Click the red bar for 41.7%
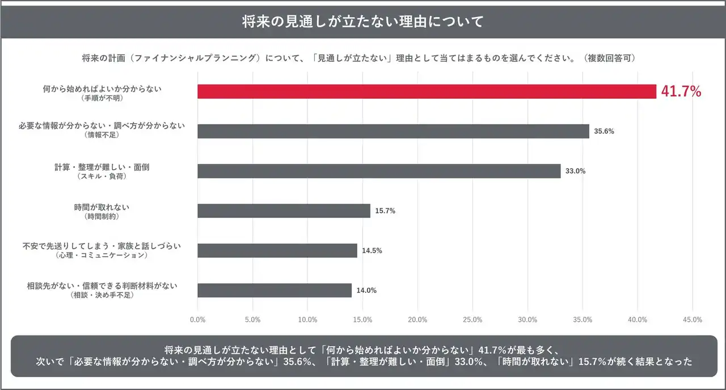click(427, 91)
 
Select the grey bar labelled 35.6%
click(393, 131)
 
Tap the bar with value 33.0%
click(379, 171)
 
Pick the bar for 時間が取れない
click(284, 211)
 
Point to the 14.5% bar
click(277, 250)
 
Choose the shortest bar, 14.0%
click(275, 290)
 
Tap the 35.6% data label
click(604, 131)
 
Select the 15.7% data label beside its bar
click(385, 211)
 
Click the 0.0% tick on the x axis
click(197, 320)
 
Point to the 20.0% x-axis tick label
click(417, 320)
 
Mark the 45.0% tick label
click(693, 320)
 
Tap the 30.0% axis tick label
click(527, 320)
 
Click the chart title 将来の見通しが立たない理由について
click(363, 22)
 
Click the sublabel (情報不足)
click(102, 135)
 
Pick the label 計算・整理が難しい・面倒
click(102, 167)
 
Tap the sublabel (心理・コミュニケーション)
click(102, 255)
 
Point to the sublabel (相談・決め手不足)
click(102, 295)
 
